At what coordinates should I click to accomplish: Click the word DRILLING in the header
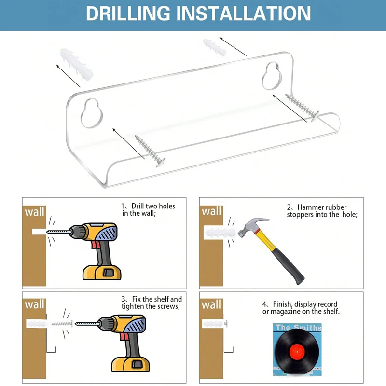(128, 14)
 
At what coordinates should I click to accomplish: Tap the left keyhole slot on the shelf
(92, 113)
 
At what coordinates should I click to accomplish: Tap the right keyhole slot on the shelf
(273, 76)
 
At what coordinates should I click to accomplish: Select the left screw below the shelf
(150, 151)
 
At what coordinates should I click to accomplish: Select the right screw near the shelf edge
(303, 107)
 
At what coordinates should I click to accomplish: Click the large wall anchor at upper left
(77, 64)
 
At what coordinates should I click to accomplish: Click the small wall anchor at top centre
(215, 47)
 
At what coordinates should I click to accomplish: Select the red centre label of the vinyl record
(297, 352)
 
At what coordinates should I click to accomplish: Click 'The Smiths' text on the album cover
(298, 328)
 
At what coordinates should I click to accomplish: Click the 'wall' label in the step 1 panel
(34, 212)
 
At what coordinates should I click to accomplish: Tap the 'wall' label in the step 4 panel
(211, 305)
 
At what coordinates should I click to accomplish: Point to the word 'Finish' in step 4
(283, 304)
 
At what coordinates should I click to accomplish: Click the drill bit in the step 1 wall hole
(58, 232)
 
